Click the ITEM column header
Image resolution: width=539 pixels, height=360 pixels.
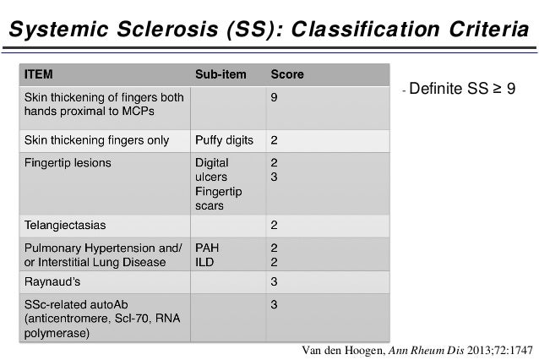(38, 74)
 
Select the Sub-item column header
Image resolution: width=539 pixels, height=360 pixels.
(220, 74)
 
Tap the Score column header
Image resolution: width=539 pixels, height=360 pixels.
(286, 74)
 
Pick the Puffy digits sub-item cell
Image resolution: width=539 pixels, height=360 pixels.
(224, 140)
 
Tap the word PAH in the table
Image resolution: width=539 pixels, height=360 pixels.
(208, 248)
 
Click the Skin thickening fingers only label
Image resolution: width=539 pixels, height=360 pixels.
(96, 140)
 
